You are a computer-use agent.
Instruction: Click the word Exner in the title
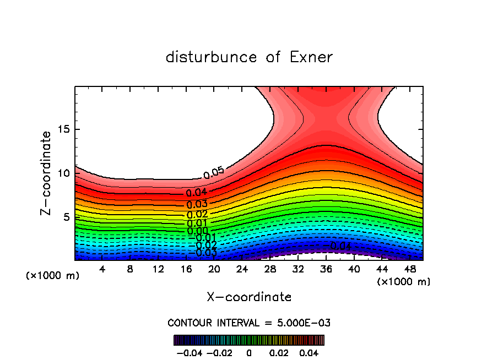[311, 57]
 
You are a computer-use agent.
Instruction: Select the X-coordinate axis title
[249, 297]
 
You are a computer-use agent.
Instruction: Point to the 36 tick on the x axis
[326, 269]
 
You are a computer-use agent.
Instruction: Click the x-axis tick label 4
[102, 269]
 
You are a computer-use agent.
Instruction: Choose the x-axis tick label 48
[410, 269]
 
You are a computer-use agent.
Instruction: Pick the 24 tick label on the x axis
[242, 269]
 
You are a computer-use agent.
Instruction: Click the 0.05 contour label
[214, 172]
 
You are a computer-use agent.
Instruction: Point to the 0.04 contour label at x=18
[196, 193]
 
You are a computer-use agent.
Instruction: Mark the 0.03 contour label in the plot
[197, 205]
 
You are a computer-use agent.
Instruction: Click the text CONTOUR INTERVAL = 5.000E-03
[249, 323]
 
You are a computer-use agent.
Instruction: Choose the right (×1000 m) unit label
[404, 281]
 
